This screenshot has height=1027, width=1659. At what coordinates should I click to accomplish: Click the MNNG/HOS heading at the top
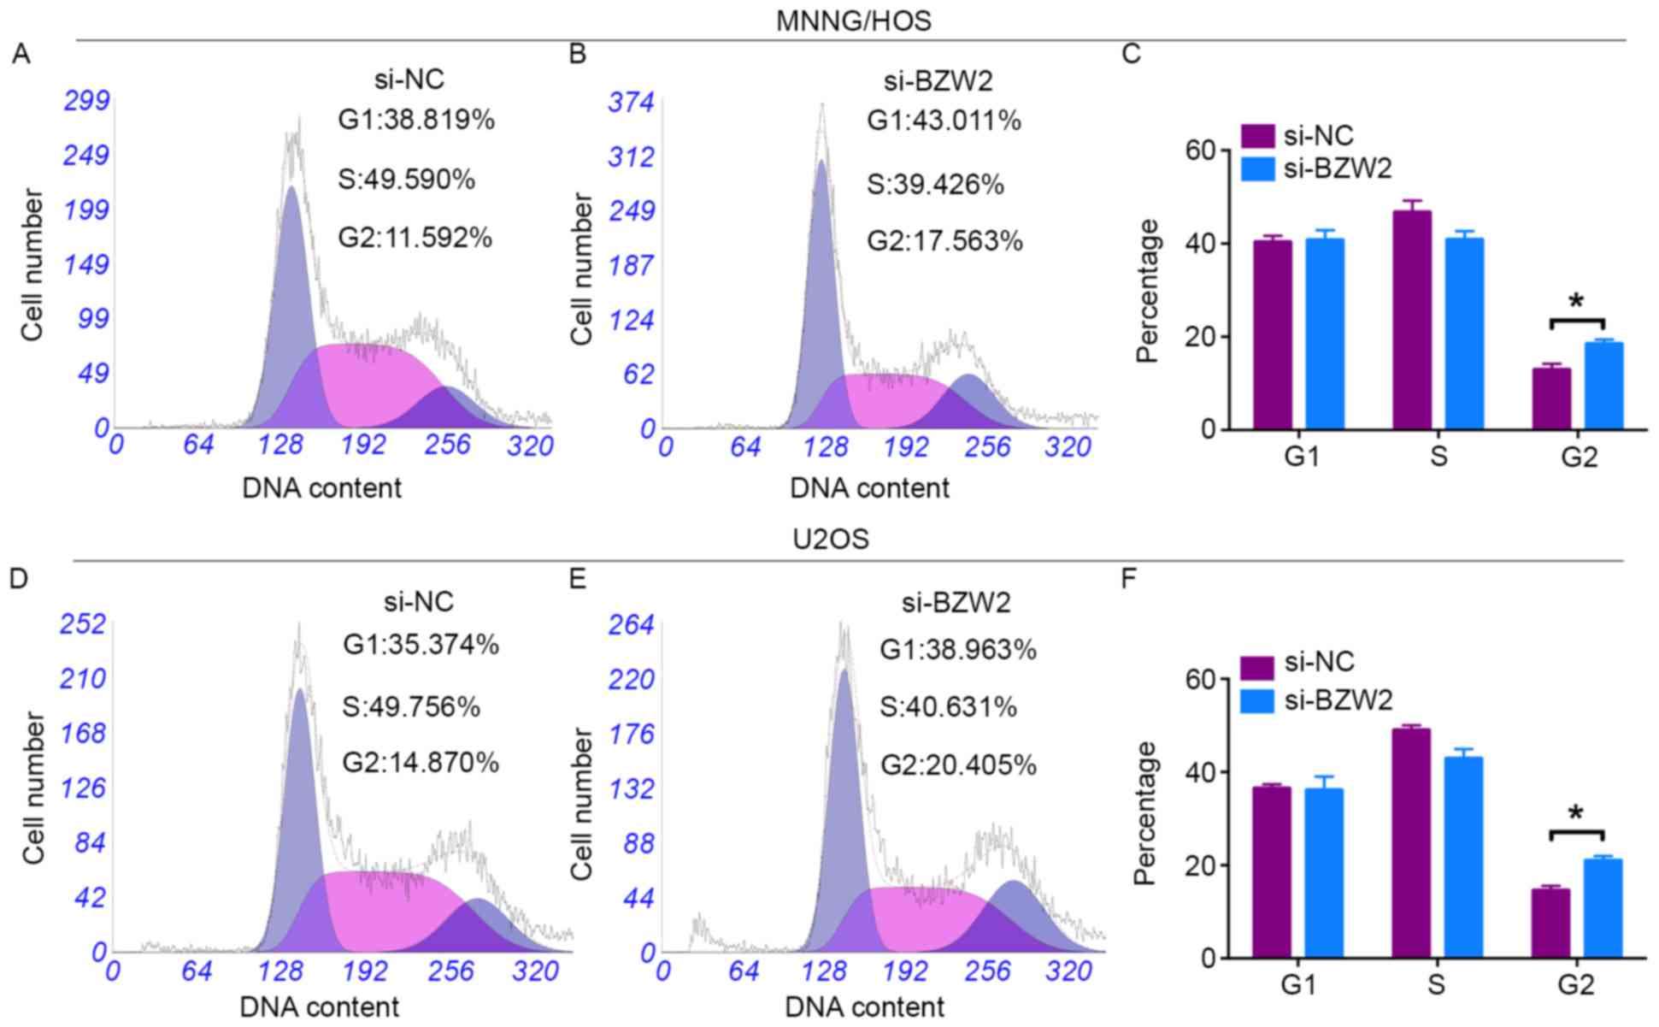pyautogui.click(x=853, y=21)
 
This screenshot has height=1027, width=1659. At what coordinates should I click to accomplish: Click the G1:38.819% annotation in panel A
pyautogui.click(x=416, y=120)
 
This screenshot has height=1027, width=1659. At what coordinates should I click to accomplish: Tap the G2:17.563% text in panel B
pyautogui.click(x=944, y=241)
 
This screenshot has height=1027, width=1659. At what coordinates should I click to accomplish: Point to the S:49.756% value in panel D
pyautogui.click(x=411, y=707)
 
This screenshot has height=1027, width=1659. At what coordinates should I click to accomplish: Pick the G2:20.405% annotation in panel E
pyautogui.click(x=958, y=764)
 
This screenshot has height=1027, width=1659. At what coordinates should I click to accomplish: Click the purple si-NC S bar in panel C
pyautogui.click(x=1411, y=321)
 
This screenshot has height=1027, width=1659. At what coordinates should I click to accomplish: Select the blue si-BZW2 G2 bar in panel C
pyautogui.click(x=1604, y=386)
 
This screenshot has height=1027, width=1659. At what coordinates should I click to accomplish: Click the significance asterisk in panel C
pyautogui.click(x=1577, y=302)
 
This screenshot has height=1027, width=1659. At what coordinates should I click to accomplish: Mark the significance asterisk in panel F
pyautogui.click(x=1577, y=813)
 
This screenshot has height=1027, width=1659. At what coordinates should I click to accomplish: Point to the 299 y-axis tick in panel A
pyautogui.click(x=86, y=101)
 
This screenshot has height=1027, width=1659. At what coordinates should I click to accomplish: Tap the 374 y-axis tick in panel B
pyautogui.click(x=631, y=103)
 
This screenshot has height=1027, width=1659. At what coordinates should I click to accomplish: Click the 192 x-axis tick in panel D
pyautogui.click(x=365, y=971)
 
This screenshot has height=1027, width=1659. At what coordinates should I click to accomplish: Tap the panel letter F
pyautogui.click(x=1129, y=579)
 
